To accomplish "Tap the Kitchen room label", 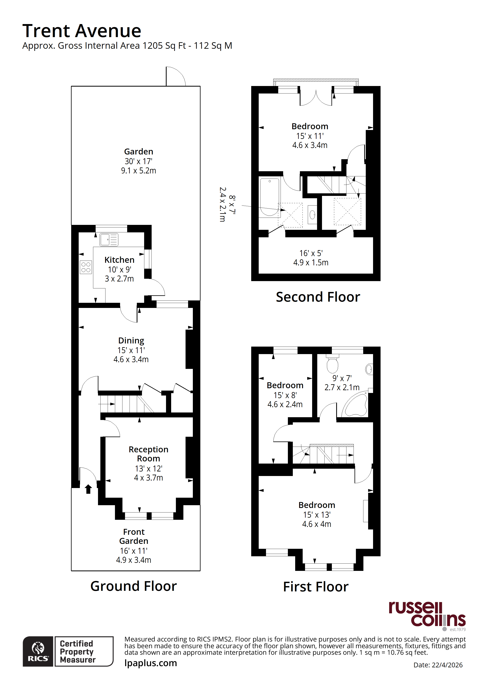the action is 119,260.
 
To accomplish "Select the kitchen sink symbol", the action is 109,240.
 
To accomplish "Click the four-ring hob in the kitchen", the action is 86,267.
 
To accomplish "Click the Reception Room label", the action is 148,454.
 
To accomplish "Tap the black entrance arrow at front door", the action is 88,489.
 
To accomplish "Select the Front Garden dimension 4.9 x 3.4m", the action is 133,560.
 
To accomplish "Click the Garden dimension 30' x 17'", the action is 139,161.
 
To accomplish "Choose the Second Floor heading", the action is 318,297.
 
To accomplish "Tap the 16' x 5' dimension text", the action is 311,253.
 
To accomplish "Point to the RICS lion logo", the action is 38,651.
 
